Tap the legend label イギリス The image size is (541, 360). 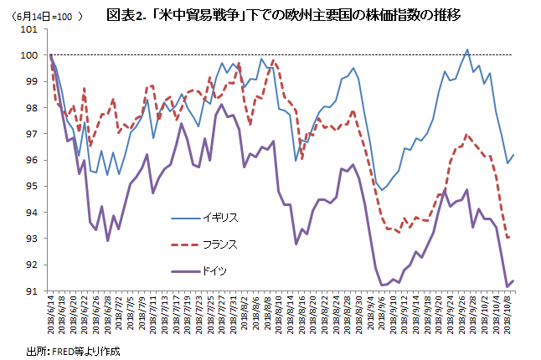pos(220,218)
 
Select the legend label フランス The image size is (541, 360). pos(220,244)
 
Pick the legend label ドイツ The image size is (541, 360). pos(214,271)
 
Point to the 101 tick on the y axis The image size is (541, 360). pos(29,29)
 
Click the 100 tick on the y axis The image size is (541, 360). pos(29,55)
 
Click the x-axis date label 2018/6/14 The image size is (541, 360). pos(51,314)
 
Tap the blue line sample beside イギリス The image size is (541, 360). pos(184,218)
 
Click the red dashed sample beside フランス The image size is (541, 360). pos(184,244)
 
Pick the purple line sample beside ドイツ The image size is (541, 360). pos(184,271)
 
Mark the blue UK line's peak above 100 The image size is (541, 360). pos(466,49)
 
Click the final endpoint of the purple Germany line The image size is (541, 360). pos(513,280)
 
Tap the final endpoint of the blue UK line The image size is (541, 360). pos(513,155)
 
